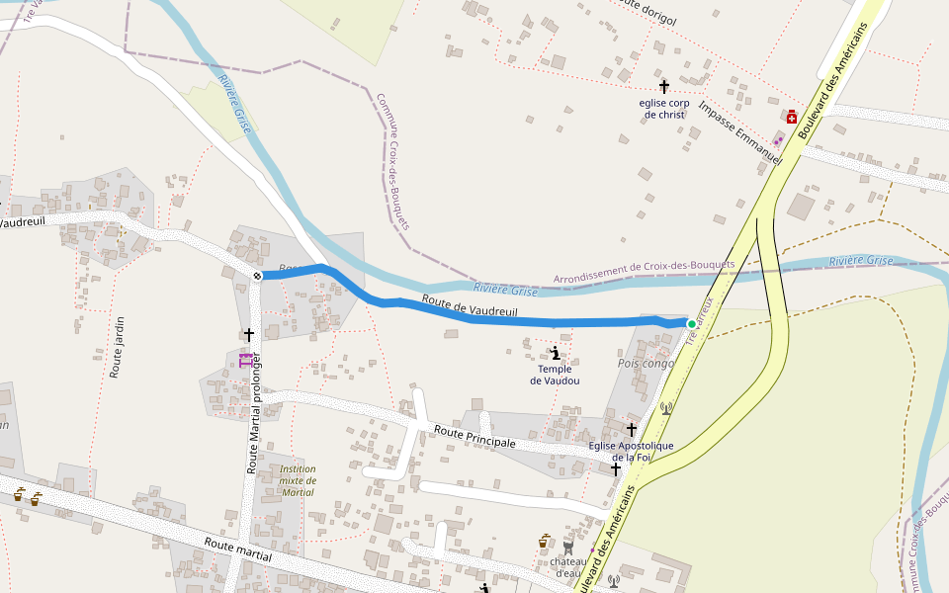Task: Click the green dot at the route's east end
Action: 691,324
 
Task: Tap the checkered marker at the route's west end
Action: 257,276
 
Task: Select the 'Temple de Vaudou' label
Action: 555,375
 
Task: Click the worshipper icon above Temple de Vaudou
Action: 556,352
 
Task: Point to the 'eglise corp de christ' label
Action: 663,109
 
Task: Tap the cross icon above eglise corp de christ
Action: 664,87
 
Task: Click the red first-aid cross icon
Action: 792,116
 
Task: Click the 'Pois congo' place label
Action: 645,364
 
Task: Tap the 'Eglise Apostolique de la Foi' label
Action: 631,451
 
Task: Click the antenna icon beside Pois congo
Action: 665,407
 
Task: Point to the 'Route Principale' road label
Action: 475,436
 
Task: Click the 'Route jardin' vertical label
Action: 119,347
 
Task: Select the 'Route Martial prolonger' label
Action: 253,413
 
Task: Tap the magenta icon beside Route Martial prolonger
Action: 245,359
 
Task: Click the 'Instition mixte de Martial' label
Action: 298,480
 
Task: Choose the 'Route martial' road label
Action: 237,551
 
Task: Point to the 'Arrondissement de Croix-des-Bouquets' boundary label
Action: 644,272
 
